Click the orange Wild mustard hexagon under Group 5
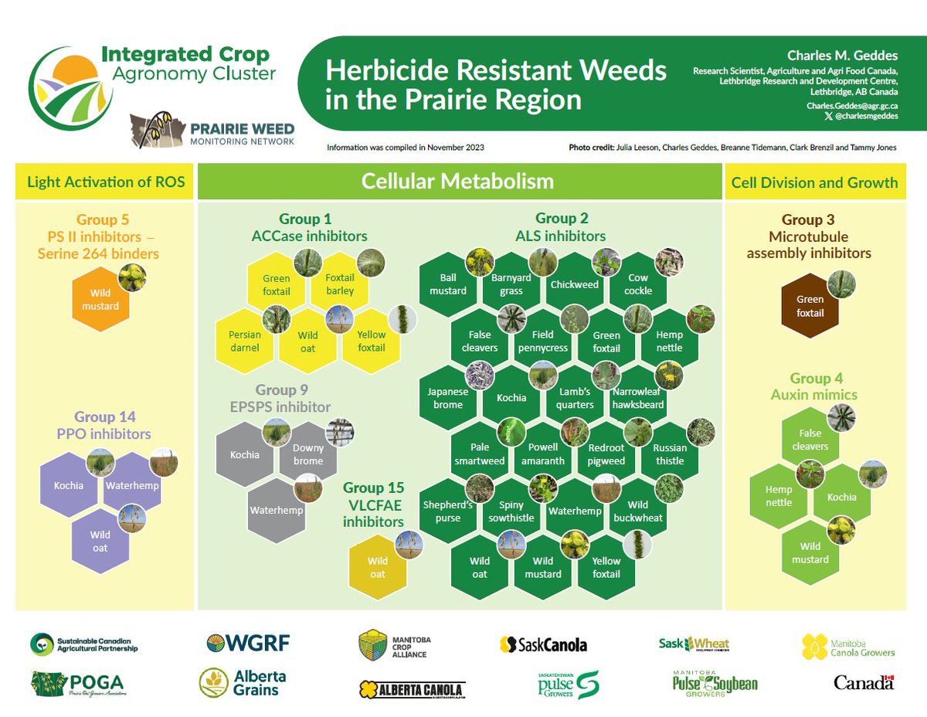100,300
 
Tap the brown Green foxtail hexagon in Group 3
810,307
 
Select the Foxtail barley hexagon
340,284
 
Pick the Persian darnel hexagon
245,341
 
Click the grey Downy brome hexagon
307,454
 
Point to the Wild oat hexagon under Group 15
377,568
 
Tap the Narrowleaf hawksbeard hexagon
638,398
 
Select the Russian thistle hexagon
669,454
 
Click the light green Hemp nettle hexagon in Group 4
779,496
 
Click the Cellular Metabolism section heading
459,182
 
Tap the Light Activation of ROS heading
106,182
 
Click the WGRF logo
248,643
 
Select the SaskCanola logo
543,644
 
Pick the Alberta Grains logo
243,683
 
